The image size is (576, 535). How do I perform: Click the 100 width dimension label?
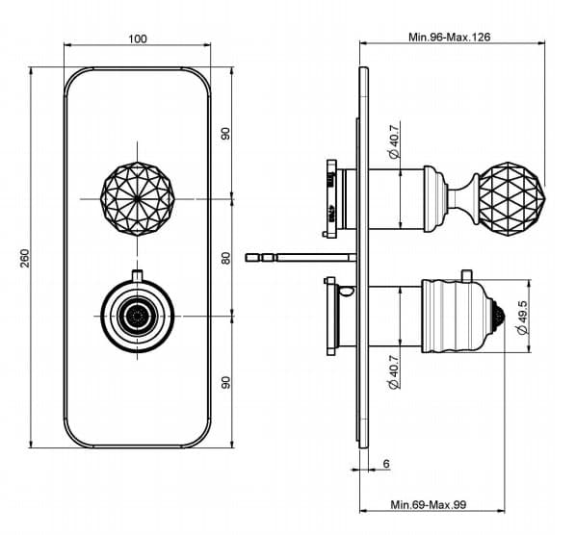pyautogui.click(x=138, y=38)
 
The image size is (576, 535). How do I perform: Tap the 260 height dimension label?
pyautogui.click(x=24, y=258)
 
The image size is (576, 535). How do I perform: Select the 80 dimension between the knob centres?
pyautogui.click(x=226, y=258)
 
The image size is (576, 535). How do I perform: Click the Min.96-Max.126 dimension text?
pyautogui.click(x=449, y=37)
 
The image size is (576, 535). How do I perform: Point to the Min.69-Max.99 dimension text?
pyautogui.click(x=428, y=504)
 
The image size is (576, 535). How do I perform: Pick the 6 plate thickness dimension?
pyautogui.click(x=386, y=464)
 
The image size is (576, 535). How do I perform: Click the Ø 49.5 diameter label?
pyautogui.click(x=522, y=317)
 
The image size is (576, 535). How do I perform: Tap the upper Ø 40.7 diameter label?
pyautogui.click(x=393, y=141)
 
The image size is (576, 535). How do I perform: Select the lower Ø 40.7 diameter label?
pyautogui.click(x=393, y=371)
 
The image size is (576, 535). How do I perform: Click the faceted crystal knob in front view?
pyautogui.click(x=138, y=198)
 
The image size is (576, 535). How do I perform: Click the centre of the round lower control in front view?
pyautogui.click(x=138, y=316)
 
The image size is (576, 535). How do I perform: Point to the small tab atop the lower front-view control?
pyautogui.click(x=138, y=275)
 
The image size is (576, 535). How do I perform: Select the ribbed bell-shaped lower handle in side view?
pyautogui.click(x=463, y=316)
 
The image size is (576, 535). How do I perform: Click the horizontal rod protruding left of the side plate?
pyautogui.click(x=301, y=258)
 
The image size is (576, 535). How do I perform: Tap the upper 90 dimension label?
pyautogui.click(x=226, y=133)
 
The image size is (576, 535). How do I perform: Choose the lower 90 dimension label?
pyautogui.click(x=226, y=382)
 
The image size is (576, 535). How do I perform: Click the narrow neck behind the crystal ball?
pyautogui.click(x=463, y=198)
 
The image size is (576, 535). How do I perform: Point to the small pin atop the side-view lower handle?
pyautogui.click(x=466, y=275)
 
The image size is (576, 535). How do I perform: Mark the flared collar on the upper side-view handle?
pyautogui.click(x=435, y=198)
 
